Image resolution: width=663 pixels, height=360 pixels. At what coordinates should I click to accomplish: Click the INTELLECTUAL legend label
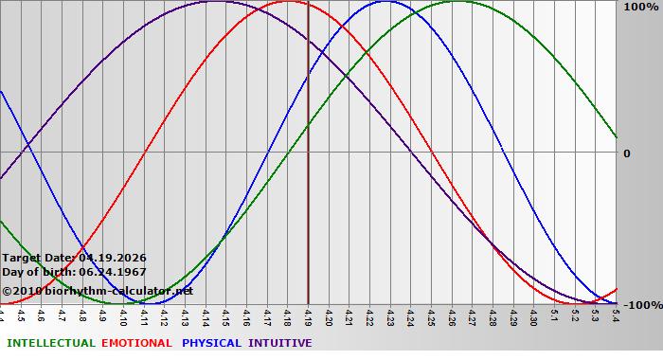click(51, 343)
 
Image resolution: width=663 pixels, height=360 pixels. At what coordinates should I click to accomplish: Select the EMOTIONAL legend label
click(136, 343)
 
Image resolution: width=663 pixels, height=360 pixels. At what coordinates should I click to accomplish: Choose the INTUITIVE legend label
click(280, 343)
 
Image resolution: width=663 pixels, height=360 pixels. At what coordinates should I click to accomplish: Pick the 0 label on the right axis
click(627, 153)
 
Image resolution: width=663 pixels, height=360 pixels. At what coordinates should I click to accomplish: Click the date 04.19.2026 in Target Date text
click(113, 258)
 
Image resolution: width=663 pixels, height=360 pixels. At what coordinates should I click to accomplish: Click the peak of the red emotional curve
click(289, 2)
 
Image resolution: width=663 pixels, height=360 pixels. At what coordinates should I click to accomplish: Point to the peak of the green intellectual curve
click(457, 2)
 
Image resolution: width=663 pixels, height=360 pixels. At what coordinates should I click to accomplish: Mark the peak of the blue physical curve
click(385, 2)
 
